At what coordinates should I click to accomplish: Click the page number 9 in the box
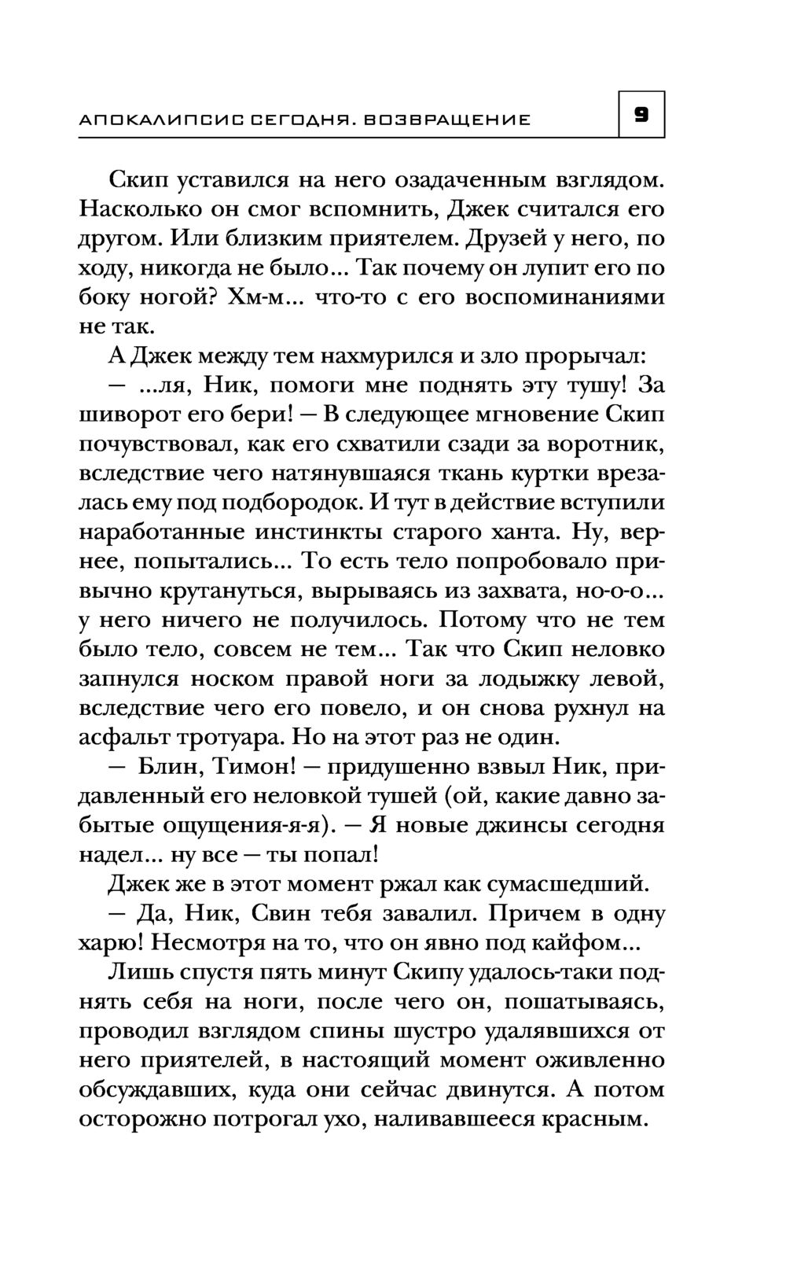(641, 116)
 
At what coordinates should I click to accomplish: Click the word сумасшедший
(568, 885)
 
